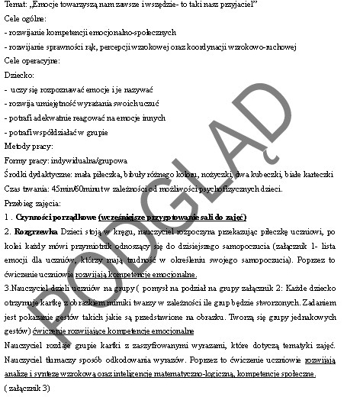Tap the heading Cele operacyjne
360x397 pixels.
click(x=31, y=62)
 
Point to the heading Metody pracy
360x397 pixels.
click(x=27, y=146)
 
